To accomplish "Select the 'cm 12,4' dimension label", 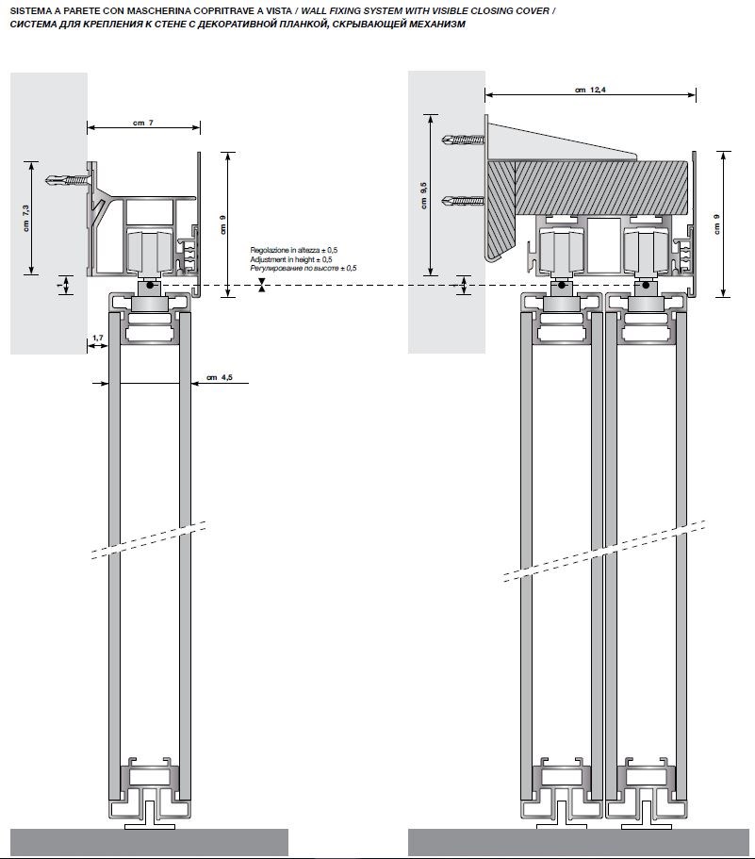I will tap(589, 90).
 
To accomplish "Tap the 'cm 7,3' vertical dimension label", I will tap(25, 218).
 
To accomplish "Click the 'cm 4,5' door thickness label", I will tap(219, 379).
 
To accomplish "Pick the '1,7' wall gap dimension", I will tap(98, 337).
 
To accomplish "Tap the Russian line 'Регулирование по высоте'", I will tap(303, 268).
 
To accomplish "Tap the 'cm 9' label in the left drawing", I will tap(222, 223).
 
